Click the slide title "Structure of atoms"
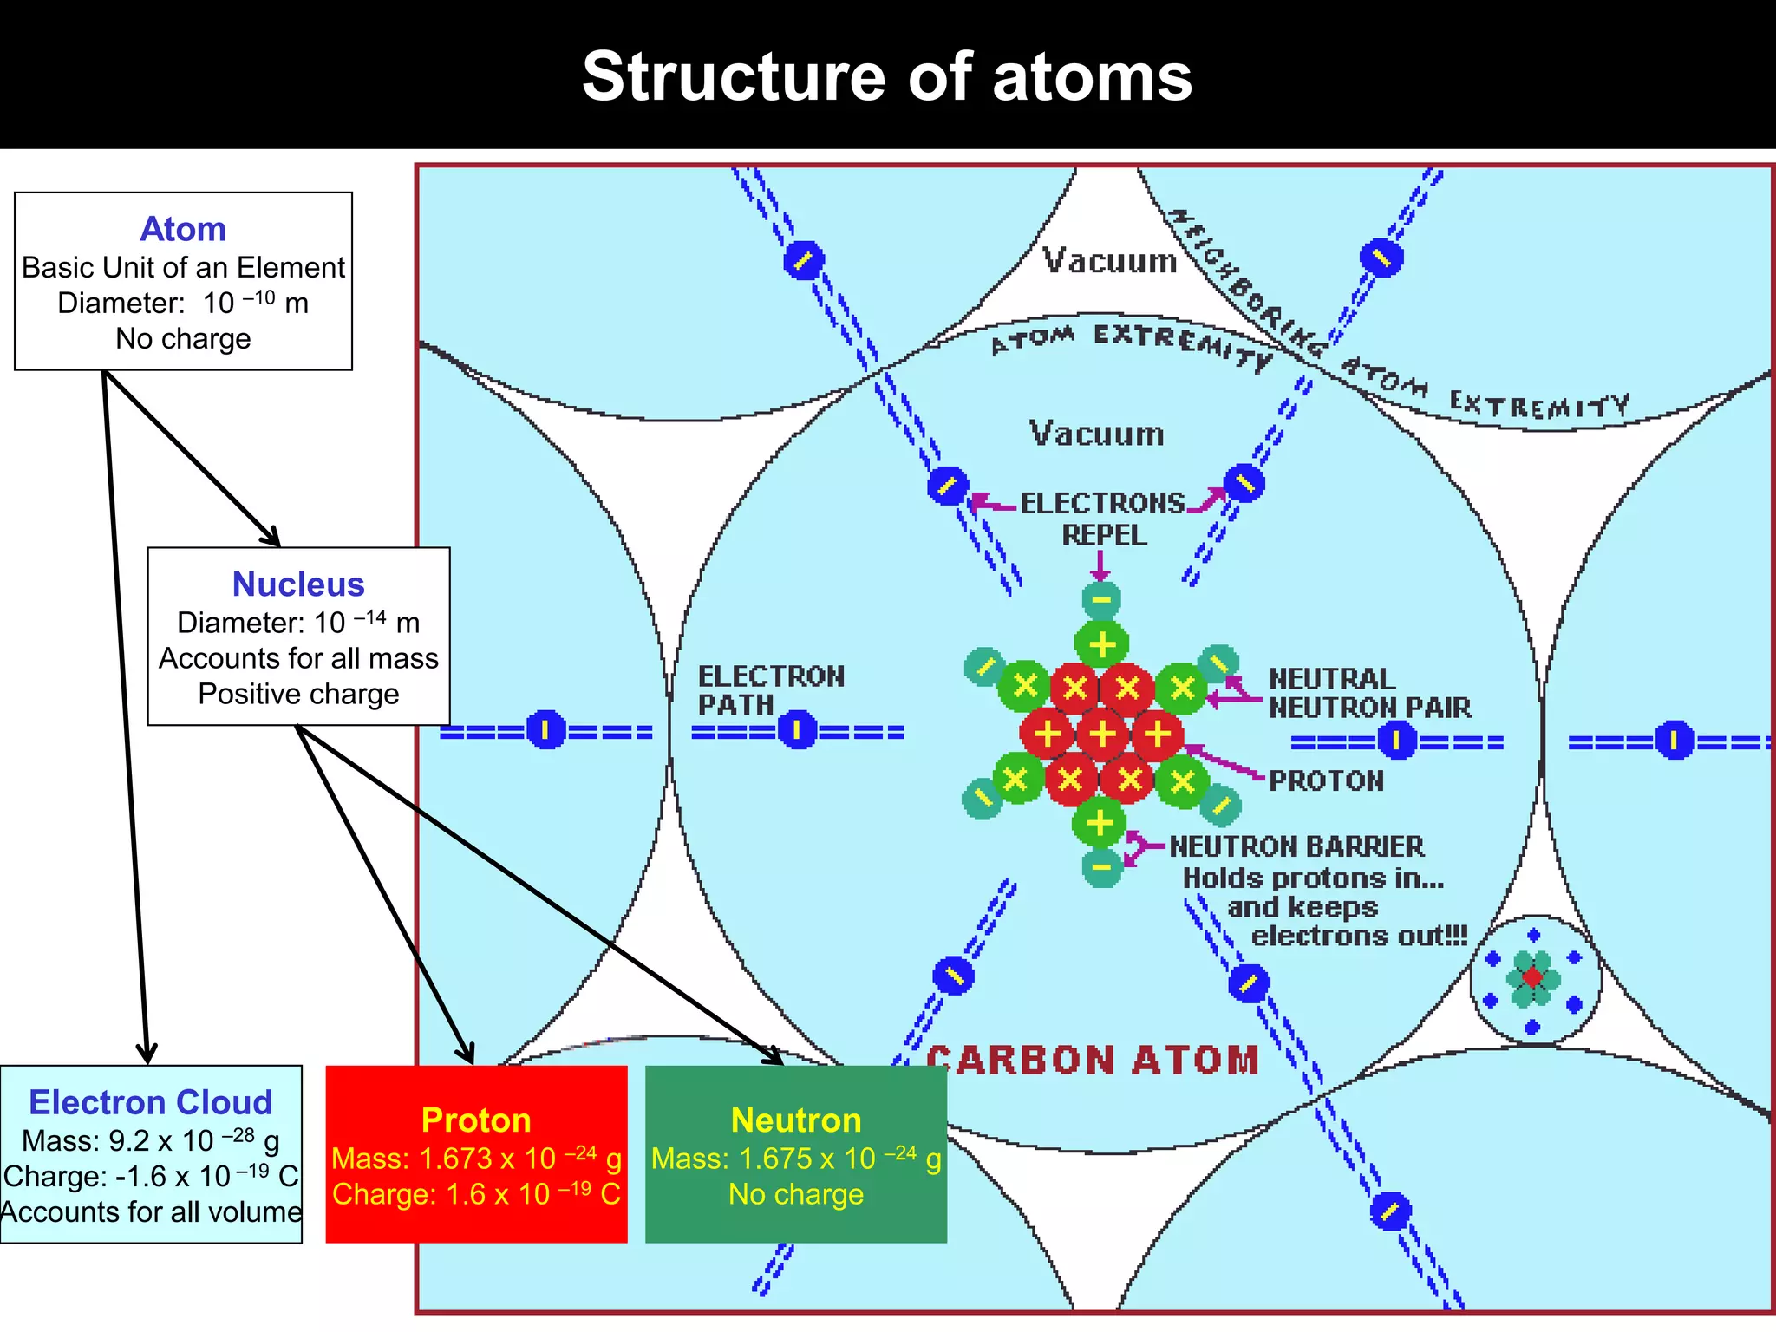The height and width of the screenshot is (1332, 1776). tap(887, 76)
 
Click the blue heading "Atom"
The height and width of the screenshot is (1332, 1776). tap(183, 229)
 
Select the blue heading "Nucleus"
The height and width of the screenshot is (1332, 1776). tap(298, 584)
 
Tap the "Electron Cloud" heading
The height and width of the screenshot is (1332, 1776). tap(151, 1102)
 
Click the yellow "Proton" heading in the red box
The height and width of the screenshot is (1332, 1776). tap(476, 1120)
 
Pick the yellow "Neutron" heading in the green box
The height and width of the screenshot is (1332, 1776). tap(796, 1120)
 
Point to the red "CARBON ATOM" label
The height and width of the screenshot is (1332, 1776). tap(1093, 1061)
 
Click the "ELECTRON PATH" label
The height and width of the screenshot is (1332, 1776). tap(770, 690)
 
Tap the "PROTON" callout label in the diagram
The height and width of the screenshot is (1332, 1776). tap(1326, 780)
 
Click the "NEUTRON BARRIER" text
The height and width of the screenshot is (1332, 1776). tap(1296, 846)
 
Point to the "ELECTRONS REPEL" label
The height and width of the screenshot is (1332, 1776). tap(1103, 519)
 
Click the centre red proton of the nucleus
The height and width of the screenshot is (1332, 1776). tap(1102, 734)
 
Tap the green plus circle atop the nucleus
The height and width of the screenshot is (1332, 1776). tap(1101, 645)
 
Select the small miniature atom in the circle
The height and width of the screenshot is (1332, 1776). tap(1534, 979)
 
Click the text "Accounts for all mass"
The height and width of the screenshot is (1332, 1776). tap(298, 658)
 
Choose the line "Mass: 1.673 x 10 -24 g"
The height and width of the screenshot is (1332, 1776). tap(476, 1159)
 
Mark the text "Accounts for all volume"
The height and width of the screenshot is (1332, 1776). tap(151, 1211)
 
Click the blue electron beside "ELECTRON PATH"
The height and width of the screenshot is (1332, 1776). tap(798, 730)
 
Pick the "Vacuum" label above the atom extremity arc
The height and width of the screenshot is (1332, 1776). tap(1110, 260)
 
